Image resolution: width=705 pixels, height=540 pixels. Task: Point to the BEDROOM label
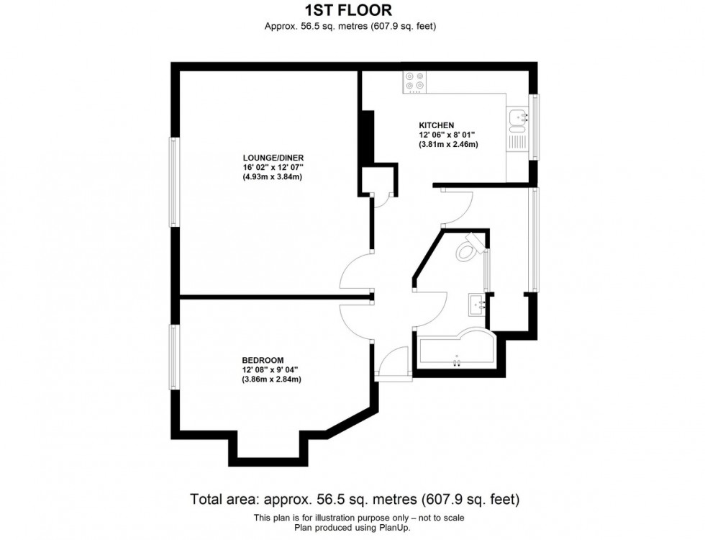point(263,360)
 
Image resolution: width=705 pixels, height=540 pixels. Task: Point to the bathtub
point(453,351)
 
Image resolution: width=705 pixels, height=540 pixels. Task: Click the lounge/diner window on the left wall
point(174,183)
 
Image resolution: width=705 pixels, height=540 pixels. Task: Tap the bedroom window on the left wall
point(173,357)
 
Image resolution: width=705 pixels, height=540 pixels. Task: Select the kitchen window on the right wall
point(534,127)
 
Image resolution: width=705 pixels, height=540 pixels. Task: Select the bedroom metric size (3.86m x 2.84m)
point(271,379)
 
